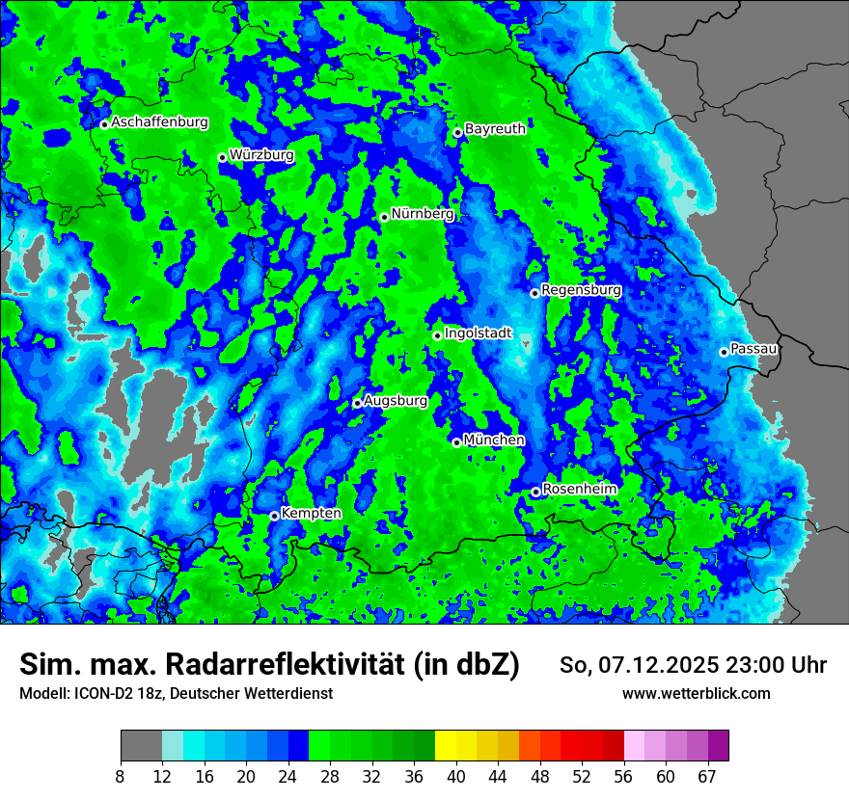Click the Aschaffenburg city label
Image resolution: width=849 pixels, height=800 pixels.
159,122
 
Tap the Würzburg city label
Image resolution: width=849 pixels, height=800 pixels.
261,155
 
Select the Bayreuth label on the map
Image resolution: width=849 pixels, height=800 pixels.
495,128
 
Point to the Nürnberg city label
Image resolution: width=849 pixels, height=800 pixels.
422,214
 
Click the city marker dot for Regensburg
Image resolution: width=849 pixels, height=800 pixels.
534,293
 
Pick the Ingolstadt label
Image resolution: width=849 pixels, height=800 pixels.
479,333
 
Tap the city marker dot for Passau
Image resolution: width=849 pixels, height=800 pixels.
724,352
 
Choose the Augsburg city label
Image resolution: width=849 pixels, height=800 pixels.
396,400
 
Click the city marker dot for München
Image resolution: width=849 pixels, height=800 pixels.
456,442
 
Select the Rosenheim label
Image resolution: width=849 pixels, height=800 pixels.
579,489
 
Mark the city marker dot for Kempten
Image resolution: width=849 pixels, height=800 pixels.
274,516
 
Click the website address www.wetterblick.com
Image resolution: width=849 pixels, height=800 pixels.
696,693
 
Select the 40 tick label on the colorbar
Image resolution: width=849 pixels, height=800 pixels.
456,777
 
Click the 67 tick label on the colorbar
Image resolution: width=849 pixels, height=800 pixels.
707,777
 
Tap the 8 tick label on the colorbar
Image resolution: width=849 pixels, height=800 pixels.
120,777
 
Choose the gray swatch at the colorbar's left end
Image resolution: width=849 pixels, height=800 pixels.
140,746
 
